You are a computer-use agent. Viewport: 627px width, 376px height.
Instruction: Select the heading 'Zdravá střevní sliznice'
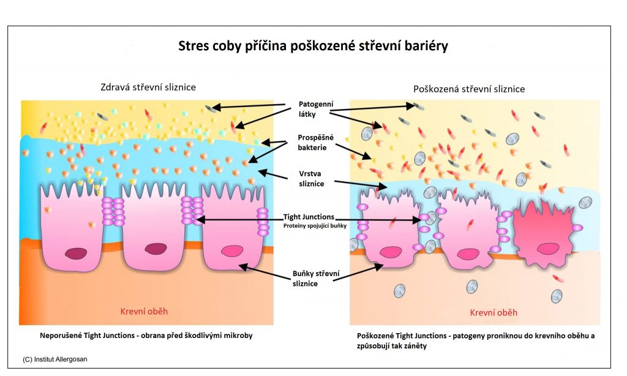148,87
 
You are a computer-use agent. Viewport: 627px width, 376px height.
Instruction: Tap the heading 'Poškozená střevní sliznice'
469,89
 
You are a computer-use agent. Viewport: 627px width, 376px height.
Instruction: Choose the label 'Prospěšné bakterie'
317,143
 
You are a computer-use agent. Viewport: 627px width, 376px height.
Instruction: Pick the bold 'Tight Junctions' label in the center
309,217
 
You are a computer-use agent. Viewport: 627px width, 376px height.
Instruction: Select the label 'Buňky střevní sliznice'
315,277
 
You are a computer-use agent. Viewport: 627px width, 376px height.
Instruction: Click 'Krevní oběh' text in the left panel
145,311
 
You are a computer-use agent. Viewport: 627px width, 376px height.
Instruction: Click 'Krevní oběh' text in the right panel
494,312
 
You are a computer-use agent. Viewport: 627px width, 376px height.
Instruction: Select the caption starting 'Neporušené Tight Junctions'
145,336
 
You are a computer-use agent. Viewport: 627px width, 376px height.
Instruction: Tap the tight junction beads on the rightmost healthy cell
263,222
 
